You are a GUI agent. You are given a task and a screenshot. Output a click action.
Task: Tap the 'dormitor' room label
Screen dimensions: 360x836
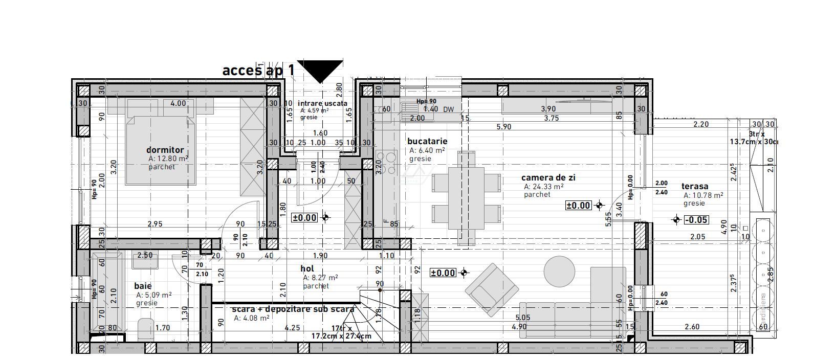click(165, 150)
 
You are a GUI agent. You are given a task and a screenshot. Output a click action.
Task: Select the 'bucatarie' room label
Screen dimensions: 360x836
click(427, 141)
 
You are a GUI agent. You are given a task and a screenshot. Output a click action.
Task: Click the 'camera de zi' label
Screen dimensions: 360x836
click(548, 177)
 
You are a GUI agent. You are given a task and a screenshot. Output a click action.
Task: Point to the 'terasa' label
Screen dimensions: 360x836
click(695, 186)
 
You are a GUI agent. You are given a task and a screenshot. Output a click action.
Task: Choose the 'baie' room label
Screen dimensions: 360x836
click(143, 286)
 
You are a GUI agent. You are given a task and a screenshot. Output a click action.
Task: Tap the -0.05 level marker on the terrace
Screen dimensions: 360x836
click(696, 220)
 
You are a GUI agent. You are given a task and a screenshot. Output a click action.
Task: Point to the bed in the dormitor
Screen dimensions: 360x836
click(161, 148)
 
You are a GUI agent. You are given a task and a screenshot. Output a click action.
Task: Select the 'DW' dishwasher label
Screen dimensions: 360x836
click(448, 109)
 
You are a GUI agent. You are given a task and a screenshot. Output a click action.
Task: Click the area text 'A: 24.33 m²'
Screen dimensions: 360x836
click(543, 187)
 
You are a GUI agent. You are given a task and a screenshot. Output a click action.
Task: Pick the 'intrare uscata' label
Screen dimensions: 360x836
click(322, 103)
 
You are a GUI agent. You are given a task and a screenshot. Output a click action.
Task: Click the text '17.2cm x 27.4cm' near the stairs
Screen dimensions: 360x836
click(341, 336)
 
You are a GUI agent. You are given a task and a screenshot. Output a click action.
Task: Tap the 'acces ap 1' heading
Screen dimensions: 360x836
click(258, 70)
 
